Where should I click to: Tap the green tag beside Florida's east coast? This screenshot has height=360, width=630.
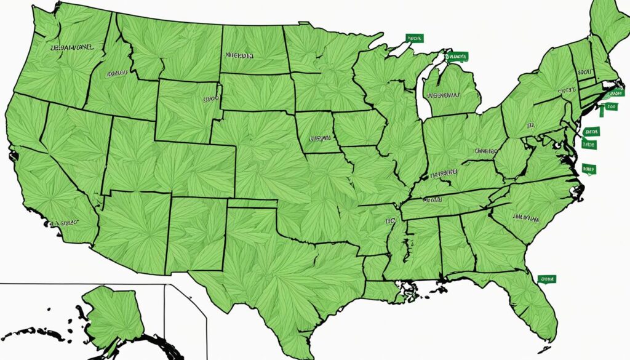coord(545,279)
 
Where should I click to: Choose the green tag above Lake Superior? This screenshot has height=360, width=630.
coord(415,39)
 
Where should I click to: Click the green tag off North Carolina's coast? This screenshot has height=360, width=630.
coord(589,167)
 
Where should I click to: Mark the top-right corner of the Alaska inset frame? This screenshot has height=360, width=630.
coord(164,284)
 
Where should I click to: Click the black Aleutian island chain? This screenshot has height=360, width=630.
coord(31,333)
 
